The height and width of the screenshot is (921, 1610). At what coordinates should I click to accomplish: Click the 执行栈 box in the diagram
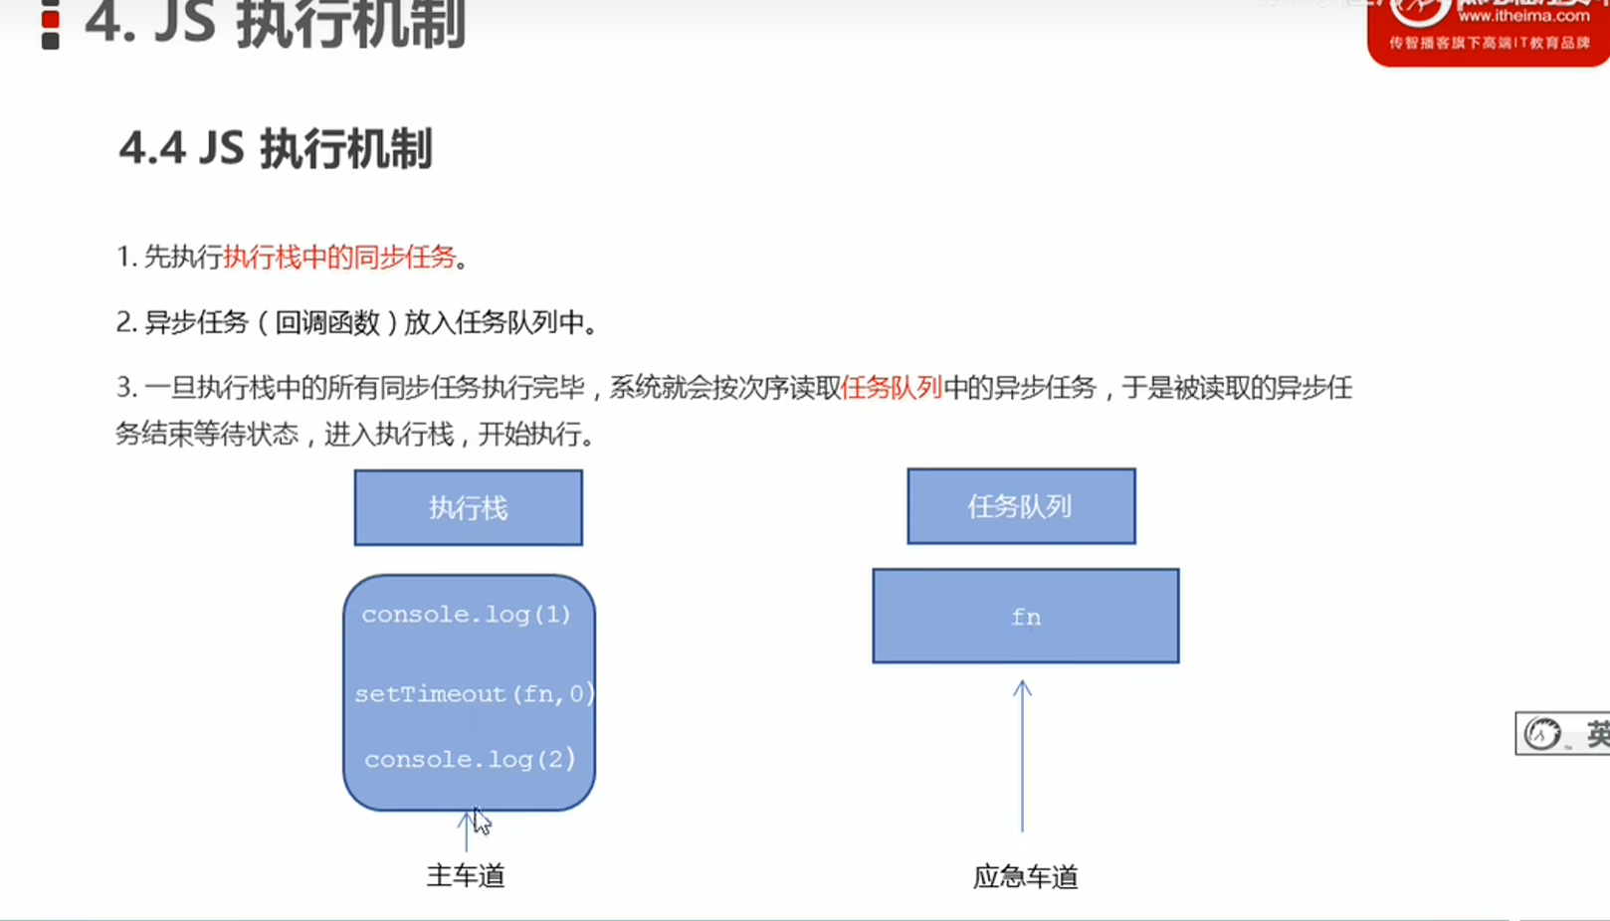[468, 508]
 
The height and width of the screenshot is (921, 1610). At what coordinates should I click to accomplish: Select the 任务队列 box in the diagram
[1021, 506]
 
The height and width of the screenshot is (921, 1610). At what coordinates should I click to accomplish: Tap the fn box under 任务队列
[1026, 617]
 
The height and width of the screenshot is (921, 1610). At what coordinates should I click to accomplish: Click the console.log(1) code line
[466, 615]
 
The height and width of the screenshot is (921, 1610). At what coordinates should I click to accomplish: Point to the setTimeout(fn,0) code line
[474, 693]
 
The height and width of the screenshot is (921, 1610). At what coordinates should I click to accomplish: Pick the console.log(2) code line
[470, 759]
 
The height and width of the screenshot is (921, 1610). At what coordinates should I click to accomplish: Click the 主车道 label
[466, 875]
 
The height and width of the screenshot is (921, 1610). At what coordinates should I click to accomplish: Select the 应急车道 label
[1025, 876]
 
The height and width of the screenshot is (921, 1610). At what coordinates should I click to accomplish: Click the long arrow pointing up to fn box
[1022, 756]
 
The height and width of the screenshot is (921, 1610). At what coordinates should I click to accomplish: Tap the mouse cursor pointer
[481, 821]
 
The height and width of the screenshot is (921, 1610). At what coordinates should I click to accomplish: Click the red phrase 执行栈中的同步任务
[339, 258]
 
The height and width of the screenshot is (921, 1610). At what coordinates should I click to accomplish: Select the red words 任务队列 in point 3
[892, 388]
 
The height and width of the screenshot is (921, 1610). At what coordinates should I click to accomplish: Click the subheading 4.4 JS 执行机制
[276, 149]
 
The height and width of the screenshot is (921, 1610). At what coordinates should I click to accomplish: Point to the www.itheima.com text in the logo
[1523, 16]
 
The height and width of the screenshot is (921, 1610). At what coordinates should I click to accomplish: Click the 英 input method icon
[1596, 734]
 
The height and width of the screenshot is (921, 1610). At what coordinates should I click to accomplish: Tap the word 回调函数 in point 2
[327, 322]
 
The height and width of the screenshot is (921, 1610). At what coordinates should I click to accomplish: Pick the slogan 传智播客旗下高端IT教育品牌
[1490, 43]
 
